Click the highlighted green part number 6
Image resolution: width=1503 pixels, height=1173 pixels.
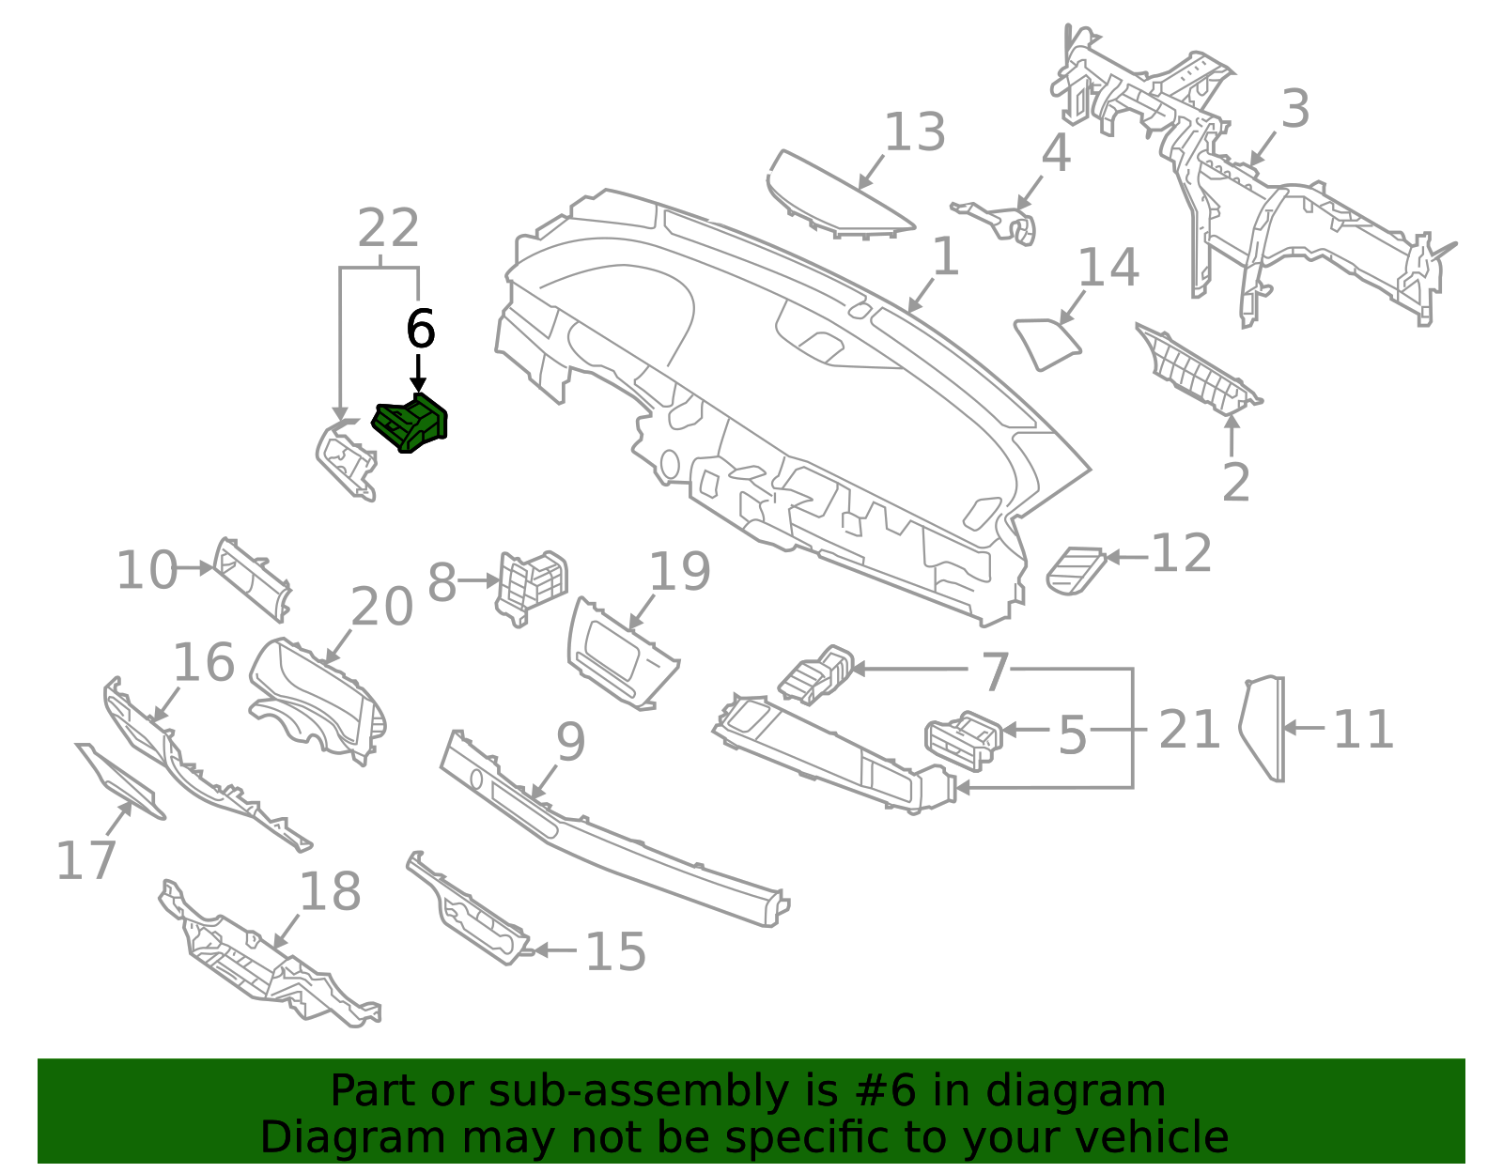411,424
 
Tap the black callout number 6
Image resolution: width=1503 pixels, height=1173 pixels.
420,330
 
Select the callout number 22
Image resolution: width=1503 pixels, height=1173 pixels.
388,228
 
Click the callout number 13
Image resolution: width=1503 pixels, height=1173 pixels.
914,132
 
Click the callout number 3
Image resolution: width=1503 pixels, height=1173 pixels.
1294,110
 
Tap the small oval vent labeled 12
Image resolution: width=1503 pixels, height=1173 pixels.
1076,569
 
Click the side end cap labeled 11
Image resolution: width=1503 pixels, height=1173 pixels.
1263,728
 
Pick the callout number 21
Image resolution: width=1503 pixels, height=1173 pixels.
1188,730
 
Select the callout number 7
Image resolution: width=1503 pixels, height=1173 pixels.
995,672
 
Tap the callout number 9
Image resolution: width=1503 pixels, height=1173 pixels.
570,743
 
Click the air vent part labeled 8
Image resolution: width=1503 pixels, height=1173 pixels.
531,586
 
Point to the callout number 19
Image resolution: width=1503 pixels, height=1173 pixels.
679,572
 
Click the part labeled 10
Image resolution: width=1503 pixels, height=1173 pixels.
251,579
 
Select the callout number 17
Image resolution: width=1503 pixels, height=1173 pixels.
85,860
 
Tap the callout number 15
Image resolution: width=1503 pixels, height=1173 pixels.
615,951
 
